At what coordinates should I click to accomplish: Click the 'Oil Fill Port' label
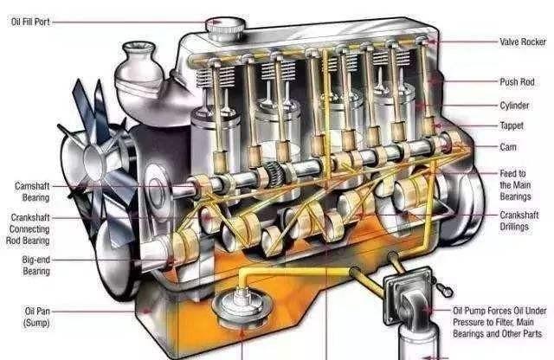click(x=30, y=22)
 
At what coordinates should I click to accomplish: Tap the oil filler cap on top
click(x=225, y=29)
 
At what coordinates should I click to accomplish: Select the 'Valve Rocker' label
click(x=523, y=42)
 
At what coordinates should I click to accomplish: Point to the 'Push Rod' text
click(x=517, y=82)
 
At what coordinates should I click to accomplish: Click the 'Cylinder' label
click(x=514, y=106)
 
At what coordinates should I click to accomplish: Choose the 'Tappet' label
click(x=512, y=125)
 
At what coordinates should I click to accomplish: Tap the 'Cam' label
click(x=508, y=146)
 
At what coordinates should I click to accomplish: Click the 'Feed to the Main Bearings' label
click(x=515, y=185)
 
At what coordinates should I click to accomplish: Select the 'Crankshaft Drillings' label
click(x=519, y=221)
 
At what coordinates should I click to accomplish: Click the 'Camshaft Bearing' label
click(x=32, y=191)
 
